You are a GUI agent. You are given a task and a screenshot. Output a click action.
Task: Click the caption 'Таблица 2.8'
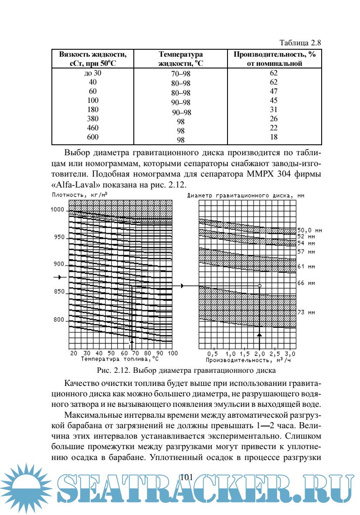point(300,43)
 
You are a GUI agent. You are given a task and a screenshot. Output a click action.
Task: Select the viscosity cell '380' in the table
point(93,119)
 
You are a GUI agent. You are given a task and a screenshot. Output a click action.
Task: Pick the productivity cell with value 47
point(274,91)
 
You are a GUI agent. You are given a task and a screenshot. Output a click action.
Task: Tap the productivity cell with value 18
point(274,137)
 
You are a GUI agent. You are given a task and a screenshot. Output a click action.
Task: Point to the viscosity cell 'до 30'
point(93,73)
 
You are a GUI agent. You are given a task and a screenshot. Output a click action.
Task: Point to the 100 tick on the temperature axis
point(173,353)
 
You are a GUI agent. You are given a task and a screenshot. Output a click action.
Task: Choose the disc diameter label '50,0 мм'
point(309,230)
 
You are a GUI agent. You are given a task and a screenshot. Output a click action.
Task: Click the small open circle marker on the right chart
point(260,286)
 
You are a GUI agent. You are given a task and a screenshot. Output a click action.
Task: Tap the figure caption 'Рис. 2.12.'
point(113,371)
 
